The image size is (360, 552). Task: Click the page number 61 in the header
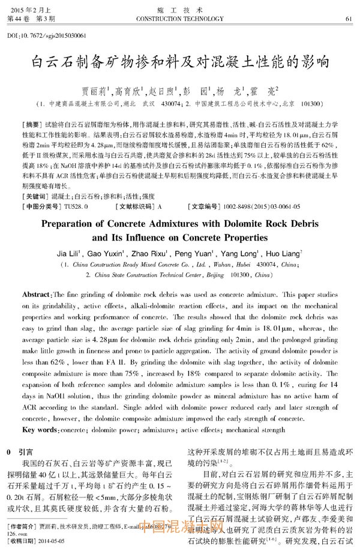pyautogui.click(x=349, y=19)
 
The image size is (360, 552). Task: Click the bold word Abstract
pyautogui.click(x=37, y=296)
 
